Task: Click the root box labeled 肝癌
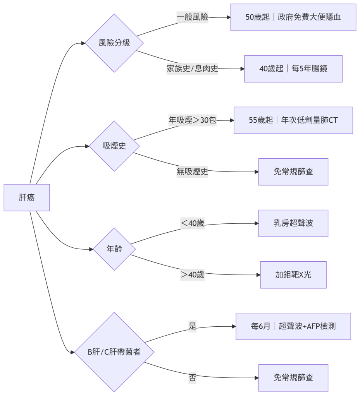[x=27, y=197]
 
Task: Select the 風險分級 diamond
[x=114, y=43]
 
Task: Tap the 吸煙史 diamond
[x=114, y=146]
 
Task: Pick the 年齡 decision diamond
[x=114, y=249]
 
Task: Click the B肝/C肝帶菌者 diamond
[x=114, y=352]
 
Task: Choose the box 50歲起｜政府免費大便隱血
[x=293, y=17]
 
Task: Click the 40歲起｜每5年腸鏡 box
[x=293, y=69]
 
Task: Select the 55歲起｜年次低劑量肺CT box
[x=293, y=120]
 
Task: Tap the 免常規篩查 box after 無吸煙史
[x=293, y=172]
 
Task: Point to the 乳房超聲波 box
[x=293, y=223]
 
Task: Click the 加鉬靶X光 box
[x=293, y=275]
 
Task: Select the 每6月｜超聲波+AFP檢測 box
[x=293, y=326]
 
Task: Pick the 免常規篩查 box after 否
[x=293, y=378]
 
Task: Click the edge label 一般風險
[x=193, y=17]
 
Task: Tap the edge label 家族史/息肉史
[x=193, y=69]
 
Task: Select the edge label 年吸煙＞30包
[x=193, y=120]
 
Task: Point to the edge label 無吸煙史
[x=193, y=172]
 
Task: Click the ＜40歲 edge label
[x=193, y=223]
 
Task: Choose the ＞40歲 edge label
[x=193, y=275]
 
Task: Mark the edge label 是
[x=193, y=326]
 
